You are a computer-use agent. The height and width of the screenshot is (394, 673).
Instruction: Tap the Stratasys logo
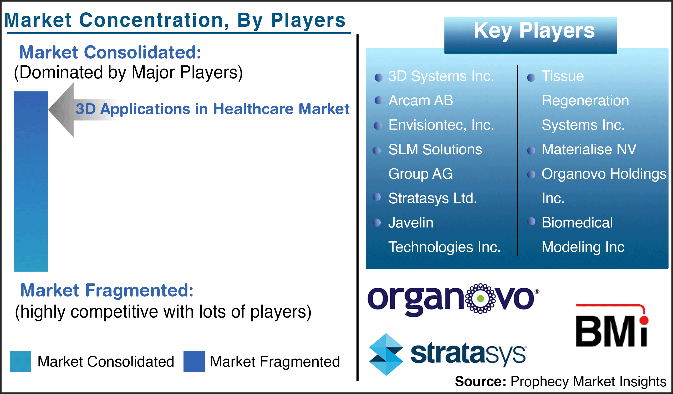[x=448, y=354]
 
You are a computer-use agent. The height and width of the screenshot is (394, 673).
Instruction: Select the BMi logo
[x=612, y=325]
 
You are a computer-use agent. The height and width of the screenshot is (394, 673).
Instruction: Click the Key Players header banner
[x=531, y=35]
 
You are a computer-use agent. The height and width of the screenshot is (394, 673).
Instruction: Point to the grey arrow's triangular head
[x=61, y=110]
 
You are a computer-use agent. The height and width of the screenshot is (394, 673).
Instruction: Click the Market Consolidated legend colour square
[x=20, y=361]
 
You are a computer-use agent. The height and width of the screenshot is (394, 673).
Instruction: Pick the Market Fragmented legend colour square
[x=194, y=361]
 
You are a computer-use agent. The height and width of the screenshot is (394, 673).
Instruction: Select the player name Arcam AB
[x=421, y=101]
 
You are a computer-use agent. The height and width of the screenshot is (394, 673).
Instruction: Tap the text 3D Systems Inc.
[x=441, y=76]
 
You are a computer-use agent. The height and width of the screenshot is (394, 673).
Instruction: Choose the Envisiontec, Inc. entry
[x=441, y=125]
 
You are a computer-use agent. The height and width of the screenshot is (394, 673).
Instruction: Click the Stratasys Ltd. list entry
[x=433, y=198]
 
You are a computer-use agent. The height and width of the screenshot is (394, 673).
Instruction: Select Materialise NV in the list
[x=589, y=149]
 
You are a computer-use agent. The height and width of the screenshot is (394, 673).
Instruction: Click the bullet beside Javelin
[x=376, y=222]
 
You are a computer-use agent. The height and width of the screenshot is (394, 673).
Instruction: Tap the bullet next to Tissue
[x=531, y=77]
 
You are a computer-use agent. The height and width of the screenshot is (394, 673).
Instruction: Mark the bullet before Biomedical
[x=531, y=221]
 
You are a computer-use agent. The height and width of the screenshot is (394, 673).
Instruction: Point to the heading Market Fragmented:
[x=107, y=290]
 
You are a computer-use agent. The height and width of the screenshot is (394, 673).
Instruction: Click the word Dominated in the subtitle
[x=61, y=72]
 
